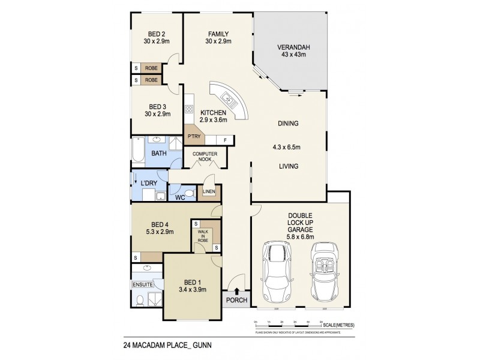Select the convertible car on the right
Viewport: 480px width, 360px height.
pos(325,274)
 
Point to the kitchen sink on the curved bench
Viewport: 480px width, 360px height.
pos(227,98)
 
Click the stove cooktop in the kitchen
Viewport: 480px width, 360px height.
pos(188,109)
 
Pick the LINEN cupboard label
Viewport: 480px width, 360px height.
pos(209,192)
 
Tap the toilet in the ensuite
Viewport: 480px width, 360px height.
pos(140,300)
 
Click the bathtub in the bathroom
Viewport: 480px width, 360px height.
pos(137,153)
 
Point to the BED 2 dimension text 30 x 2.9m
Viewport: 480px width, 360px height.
pos(157,41)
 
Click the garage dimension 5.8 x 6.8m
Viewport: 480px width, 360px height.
pos(301,236)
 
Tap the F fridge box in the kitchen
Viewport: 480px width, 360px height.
pos(225,140)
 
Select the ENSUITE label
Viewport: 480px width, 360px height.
pos(143,283)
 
